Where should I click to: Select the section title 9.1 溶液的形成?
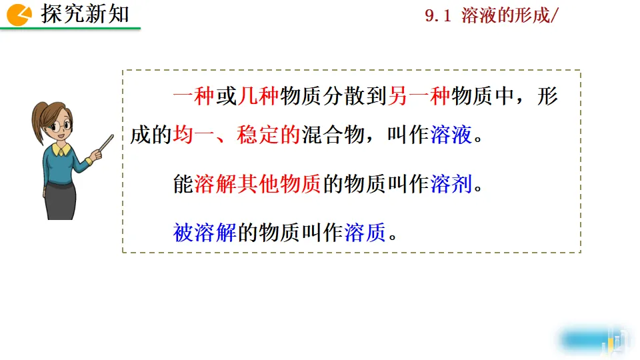tap(490, 16)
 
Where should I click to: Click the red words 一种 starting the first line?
tap(193, 97)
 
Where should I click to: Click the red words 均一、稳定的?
tap(237, 135)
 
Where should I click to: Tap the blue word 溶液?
tap(451, 135)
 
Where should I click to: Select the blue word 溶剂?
tap(451, 183)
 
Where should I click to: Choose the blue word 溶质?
tap(365, 233)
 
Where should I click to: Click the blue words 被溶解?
tap(205, 233)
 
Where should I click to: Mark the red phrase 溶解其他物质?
tap(258, 183)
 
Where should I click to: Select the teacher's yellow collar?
tap(61, 151)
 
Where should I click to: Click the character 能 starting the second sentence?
tap(183, 183)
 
